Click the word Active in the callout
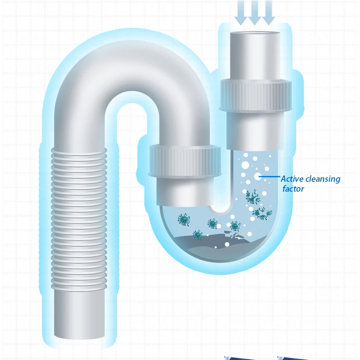click(291, 179)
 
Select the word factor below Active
click(293, 189)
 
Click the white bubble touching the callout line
click(257, 177)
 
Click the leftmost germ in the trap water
click(184, 220)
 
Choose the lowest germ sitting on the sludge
click(197, 234)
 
